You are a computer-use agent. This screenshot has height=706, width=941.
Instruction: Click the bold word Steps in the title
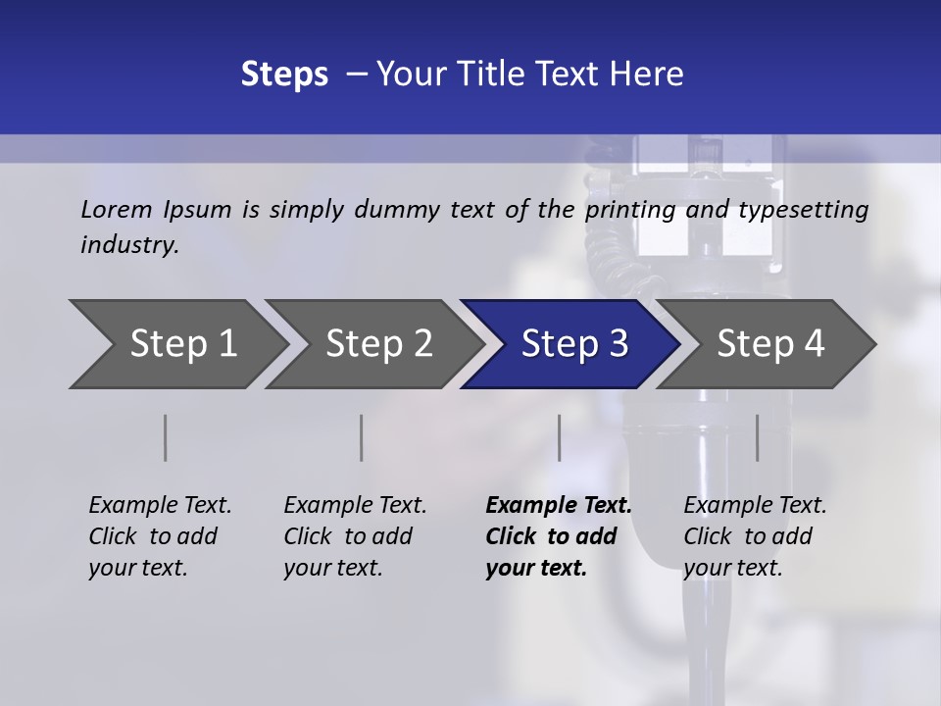pyautogui.click(x=284, y=75)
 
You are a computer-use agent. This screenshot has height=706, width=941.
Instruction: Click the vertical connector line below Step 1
pyautogui.click(x=166, y=437)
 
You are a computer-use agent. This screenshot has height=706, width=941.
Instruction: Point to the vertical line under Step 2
pyautogui.click(x=362, y=437)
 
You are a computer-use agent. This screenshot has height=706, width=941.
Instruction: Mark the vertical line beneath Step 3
pyautogui.click(x=559, y=437)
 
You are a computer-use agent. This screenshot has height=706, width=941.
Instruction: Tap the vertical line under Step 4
pyautogui.click(x=757, y=437)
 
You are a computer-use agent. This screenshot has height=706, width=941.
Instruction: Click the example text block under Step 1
pyautogui.click(x=160, y=536)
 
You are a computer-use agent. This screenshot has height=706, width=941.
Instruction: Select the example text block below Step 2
pyautogui.click(x=355, y=536)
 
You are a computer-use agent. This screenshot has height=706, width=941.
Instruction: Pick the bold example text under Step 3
pyautogui.click(x=559, y=536)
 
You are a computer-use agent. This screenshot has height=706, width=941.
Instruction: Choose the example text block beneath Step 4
pyautogui.click(x=755, y=536)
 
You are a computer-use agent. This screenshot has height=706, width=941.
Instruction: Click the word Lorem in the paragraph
pyautogui.click(x=117, y=209)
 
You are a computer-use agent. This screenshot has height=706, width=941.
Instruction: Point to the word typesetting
pyautogui.click(x=803, y=210)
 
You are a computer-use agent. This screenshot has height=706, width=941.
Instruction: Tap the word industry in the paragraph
pyautogui.click(x=129, y=244)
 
